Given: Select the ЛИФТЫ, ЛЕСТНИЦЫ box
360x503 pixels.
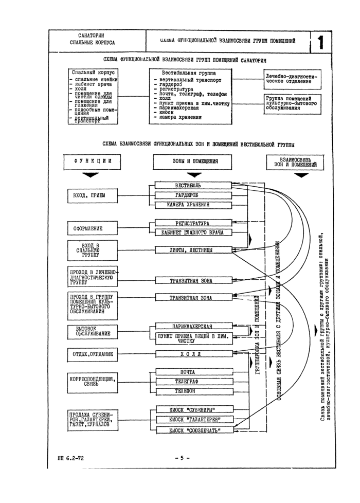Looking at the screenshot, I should tap(191, 250).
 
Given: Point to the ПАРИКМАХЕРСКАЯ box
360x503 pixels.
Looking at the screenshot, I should tap(191, 326).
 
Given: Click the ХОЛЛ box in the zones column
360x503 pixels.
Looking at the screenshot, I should tap(191, 354).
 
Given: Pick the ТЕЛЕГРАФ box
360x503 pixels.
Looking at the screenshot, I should tap(191, 382).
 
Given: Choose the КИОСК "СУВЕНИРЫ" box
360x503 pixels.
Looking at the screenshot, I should tap(191, 410).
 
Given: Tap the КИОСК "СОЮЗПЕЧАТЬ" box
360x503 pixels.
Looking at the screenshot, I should tap(191, 429).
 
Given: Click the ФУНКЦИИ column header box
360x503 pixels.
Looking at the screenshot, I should tap(93, 161).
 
